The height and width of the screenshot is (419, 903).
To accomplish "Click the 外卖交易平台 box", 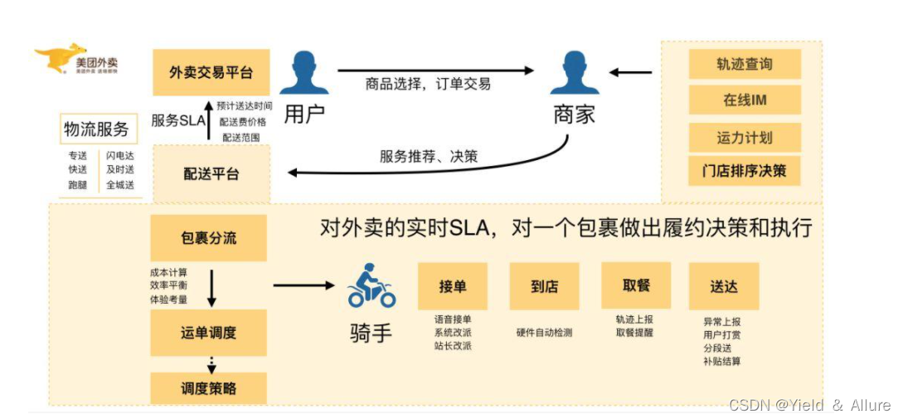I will (211, 73).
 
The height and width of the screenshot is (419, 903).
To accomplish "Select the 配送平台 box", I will (211, 174).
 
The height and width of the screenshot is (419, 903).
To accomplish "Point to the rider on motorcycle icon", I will (371, 287).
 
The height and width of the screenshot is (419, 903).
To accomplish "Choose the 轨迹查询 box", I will (744, 64).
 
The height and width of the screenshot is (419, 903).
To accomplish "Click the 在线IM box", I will (744, 100).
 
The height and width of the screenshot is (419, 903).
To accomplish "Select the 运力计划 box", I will (744, 137).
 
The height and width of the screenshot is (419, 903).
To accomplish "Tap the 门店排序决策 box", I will (744, 172).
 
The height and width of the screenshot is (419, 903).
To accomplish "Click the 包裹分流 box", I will (208, 238).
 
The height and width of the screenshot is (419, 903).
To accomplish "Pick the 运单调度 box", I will (208, 333).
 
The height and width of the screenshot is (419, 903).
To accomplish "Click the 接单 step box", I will (452, 286).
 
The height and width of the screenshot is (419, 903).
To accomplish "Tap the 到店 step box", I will (543, 286).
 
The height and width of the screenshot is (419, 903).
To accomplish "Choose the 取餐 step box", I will (635, 285).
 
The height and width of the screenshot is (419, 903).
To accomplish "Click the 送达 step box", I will (723, 286).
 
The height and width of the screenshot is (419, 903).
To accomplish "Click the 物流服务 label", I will (97, 129).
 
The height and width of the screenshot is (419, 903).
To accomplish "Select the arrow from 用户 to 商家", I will (435, 71).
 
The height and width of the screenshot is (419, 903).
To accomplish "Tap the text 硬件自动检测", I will (544, 333).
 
